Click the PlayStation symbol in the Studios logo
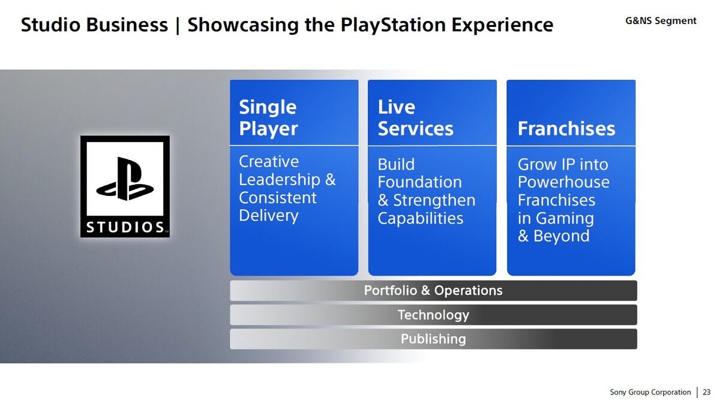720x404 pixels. [125, 179]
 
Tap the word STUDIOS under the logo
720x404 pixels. [125, 227]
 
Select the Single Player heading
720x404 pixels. [268, 118]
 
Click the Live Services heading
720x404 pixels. [415, 117]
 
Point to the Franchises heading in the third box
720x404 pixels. [566, 128]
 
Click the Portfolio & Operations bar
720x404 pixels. [433, 291]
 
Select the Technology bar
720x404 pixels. [433, 315]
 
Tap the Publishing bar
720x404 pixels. [433, 339]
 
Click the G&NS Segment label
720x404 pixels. [661, 21]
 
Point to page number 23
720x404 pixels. [707, 392]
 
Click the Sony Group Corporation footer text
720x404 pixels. [650, 393]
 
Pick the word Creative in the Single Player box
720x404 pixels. [269, 161]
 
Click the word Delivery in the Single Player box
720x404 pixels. [269, 216]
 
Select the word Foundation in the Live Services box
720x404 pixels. [420, 182]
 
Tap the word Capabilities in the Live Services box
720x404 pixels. [421, 219]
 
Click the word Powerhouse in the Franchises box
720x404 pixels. [563, 182]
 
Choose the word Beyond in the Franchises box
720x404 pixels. [562, 236]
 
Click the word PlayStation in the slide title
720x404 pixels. [393, 25]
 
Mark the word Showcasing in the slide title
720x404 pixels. [243, 25]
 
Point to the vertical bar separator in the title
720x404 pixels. [178, 25]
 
